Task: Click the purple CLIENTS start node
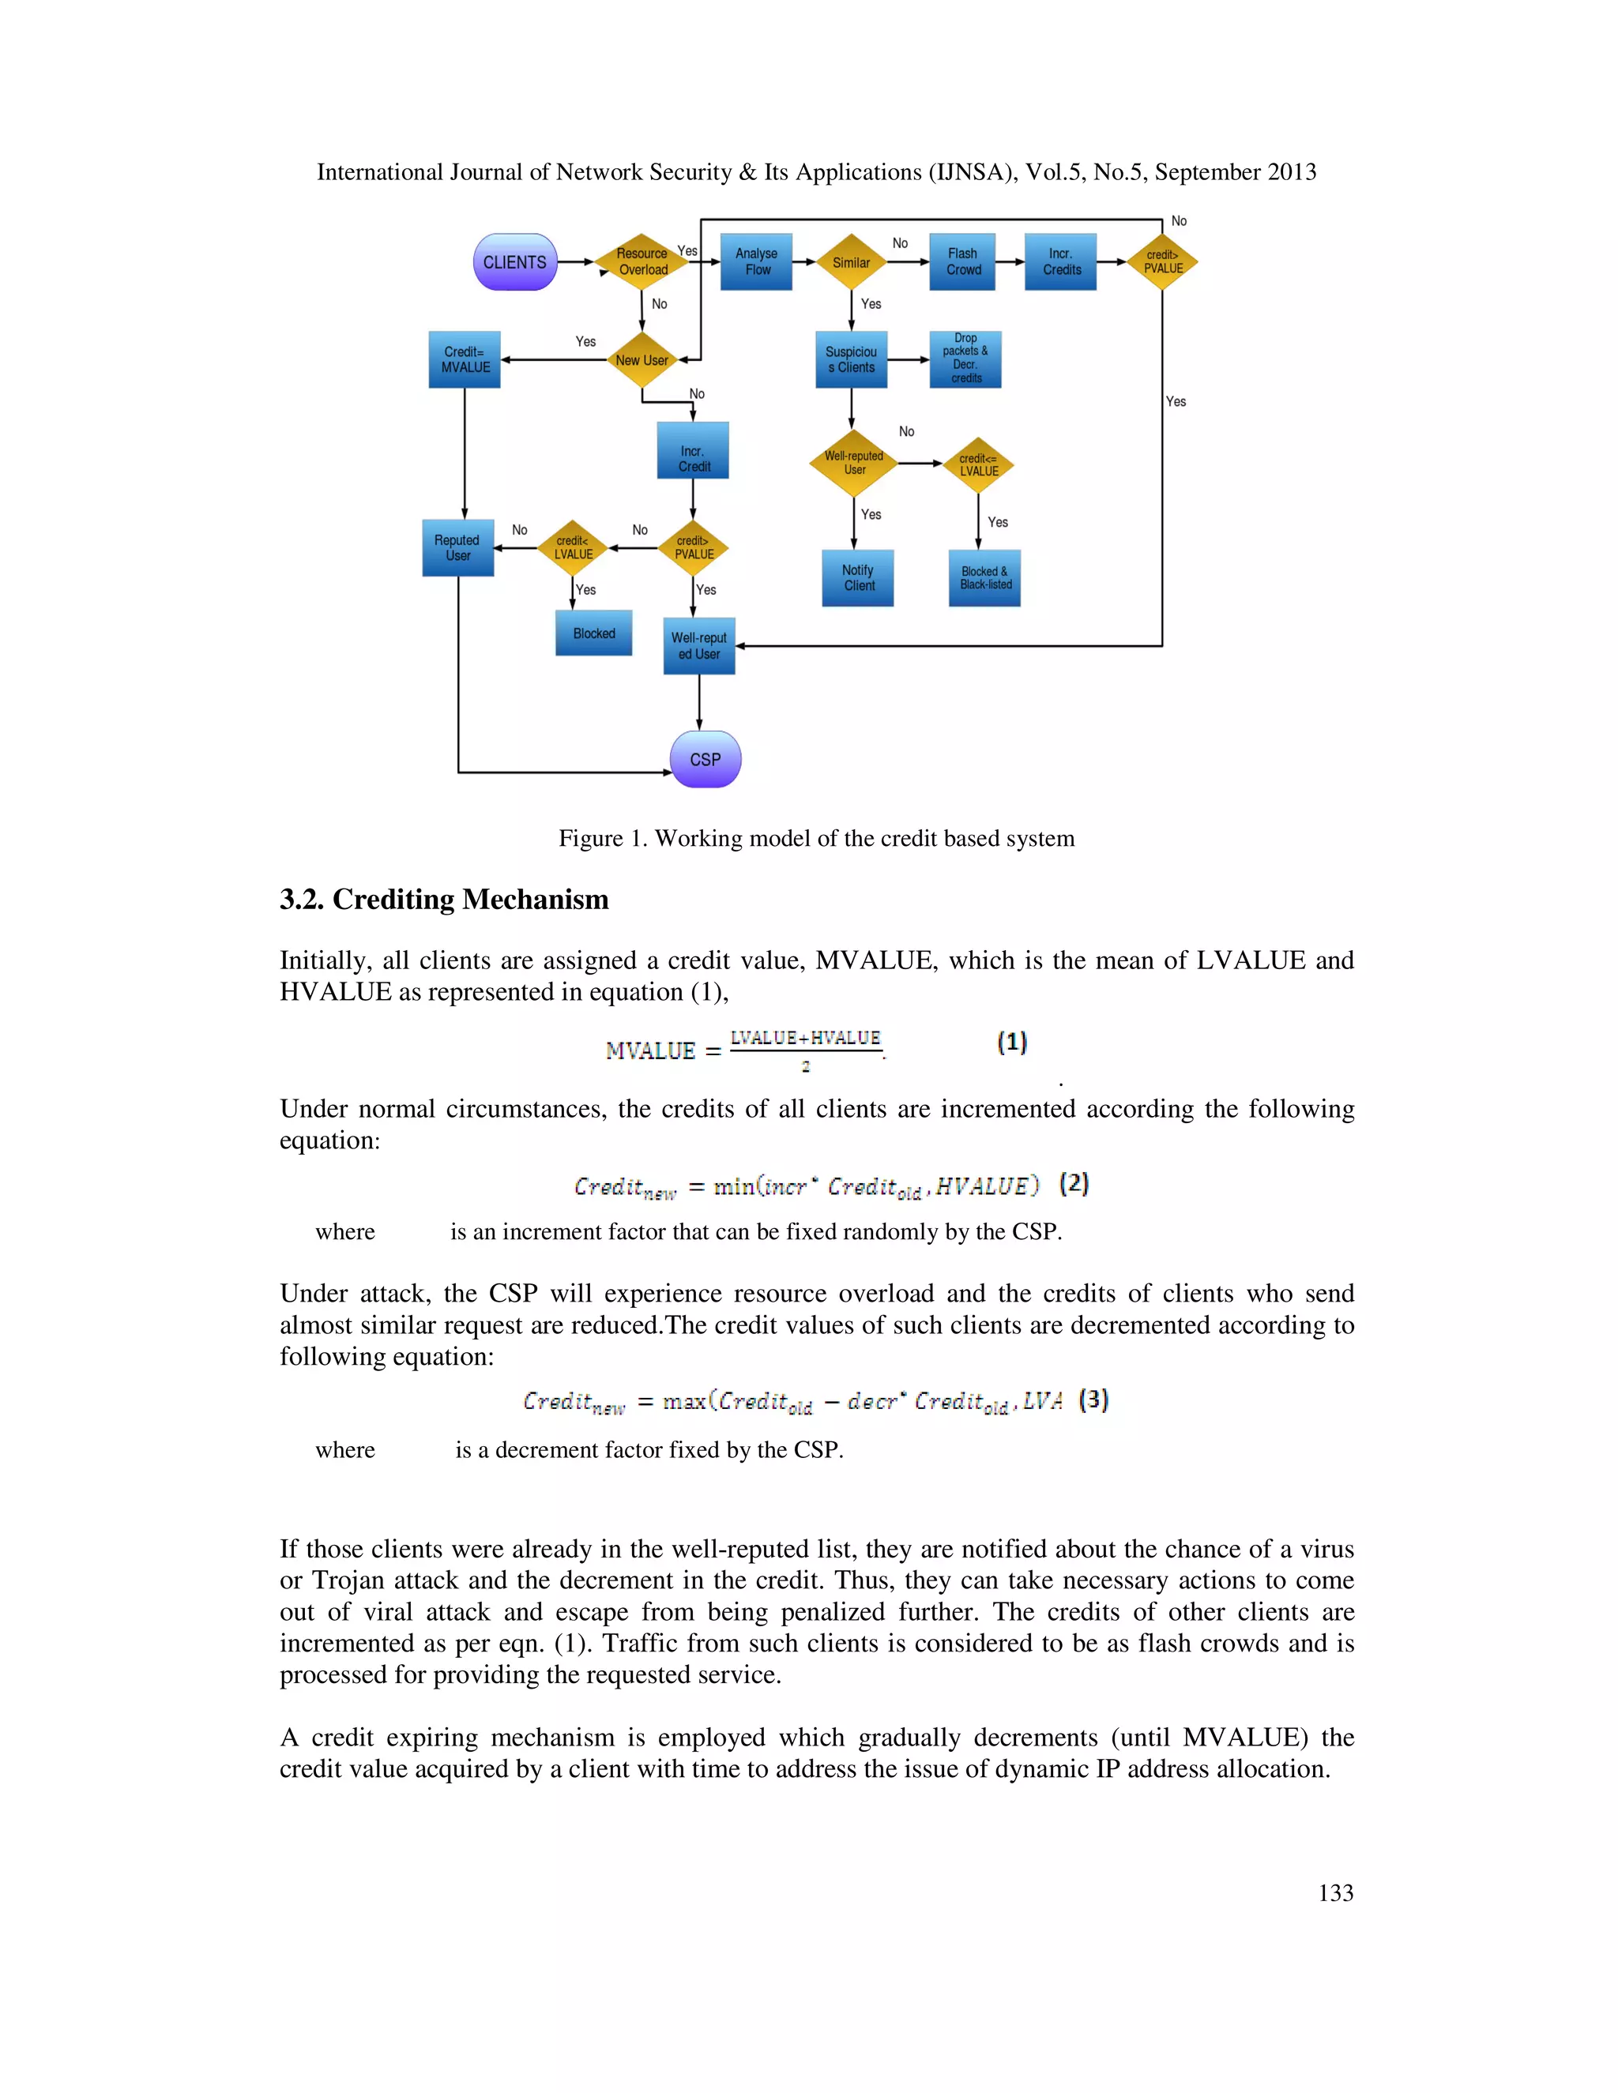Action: click(515, 261)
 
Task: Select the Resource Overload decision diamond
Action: click(642, 261)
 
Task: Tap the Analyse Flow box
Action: click(756, 261)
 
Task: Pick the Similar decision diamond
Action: click(851, 261)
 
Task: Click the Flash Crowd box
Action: click(962, 261)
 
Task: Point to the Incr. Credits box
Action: click(1060, 261)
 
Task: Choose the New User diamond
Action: click(642, 360)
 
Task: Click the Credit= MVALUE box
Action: click(465, 359)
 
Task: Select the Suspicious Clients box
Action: click(851, 359)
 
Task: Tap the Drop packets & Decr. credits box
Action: click(965, 359)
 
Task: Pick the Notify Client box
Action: click(858, 578)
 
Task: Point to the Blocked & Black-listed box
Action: click(984, 578)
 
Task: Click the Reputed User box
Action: click(458, 547)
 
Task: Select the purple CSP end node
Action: click(706, 759)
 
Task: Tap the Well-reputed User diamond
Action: click(853, 463)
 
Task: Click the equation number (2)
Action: click(1074, 1184)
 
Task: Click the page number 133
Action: click(1335, 1892)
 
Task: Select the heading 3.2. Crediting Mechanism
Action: click(444, 899)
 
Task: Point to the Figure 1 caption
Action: click(817, 839)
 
